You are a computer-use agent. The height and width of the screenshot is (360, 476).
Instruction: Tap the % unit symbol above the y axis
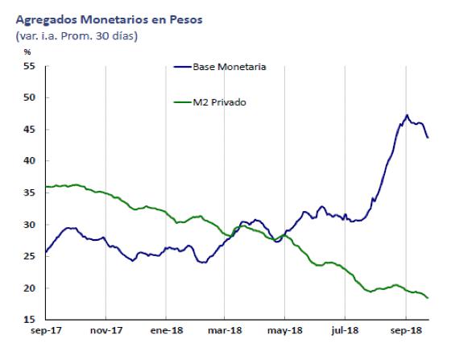pos(27,53)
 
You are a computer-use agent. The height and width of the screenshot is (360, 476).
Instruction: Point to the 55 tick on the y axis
pos(30,66)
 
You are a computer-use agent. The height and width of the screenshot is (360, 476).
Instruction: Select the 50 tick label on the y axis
pos(30,97)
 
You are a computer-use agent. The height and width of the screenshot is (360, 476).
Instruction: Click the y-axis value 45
pos(30,130)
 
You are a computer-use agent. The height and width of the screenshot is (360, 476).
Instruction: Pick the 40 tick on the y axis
pos(30,161)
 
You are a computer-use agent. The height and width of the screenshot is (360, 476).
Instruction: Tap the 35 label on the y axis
pos(30,193)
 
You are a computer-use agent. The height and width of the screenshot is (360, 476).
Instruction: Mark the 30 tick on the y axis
pos(30,225)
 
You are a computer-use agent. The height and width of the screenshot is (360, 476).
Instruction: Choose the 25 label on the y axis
pos(30,256)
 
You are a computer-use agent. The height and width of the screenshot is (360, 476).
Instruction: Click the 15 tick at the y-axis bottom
pos(30,320)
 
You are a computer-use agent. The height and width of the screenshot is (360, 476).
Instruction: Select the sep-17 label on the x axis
pos(46,330)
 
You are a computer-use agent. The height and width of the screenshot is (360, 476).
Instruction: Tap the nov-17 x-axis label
pos(106,330)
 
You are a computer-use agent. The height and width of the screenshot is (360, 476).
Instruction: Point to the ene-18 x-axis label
pos(165,330)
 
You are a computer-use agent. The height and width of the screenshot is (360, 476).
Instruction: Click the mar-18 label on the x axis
pos(226,330)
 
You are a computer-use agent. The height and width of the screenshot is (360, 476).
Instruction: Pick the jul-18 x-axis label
pos(345,330)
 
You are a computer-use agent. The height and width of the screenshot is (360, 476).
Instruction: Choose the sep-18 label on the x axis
pos(405,330)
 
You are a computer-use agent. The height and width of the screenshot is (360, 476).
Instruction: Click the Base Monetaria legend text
pos(229,67)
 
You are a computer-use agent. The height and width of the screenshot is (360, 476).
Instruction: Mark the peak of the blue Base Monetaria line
pos(407,115)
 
